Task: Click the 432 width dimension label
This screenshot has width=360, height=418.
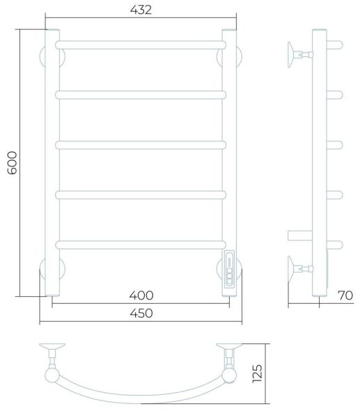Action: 141,10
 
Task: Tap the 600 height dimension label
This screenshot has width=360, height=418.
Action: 12,162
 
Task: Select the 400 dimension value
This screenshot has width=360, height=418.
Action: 141,295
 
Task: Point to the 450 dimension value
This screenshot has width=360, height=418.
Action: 141,313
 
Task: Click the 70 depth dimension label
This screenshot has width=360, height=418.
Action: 345,295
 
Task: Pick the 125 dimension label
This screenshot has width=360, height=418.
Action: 258,373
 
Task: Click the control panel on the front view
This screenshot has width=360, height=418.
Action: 229,269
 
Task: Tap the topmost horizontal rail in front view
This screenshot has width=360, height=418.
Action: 141,45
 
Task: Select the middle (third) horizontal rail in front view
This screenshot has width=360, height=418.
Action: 141,145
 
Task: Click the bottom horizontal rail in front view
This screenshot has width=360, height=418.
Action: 141,245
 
